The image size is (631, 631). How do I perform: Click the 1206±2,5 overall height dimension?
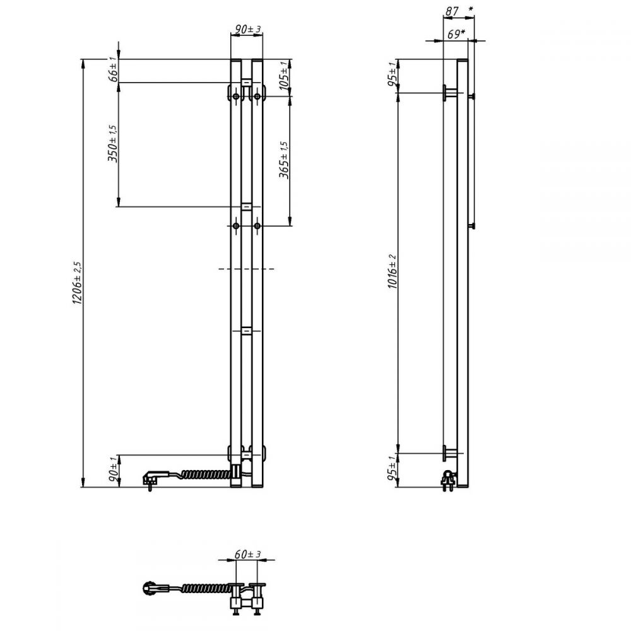pos(77,283)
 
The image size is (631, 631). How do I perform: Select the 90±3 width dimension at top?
pos(248,29)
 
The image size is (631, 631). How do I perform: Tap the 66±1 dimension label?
pos(114,69)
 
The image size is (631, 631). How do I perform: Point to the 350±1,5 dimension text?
pos(113,143)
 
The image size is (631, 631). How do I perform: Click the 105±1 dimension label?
pos(284,76)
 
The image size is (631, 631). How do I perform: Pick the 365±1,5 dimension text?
pos(284,160)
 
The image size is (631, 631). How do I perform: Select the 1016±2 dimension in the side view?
pos(392,271)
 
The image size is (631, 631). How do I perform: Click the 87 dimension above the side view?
pos(452,11)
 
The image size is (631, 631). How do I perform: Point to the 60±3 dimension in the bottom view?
pos(248,554)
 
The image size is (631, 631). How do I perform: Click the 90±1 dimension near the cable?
pos(114,469)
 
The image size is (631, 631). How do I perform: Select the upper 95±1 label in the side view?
pos(392,74)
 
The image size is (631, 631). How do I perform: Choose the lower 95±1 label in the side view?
pos(392,469)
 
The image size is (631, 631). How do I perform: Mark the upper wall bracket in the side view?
pos(450,93)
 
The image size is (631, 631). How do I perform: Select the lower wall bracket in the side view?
pos(450,453)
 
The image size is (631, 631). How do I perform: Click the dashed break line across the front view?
pos(247,268)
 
